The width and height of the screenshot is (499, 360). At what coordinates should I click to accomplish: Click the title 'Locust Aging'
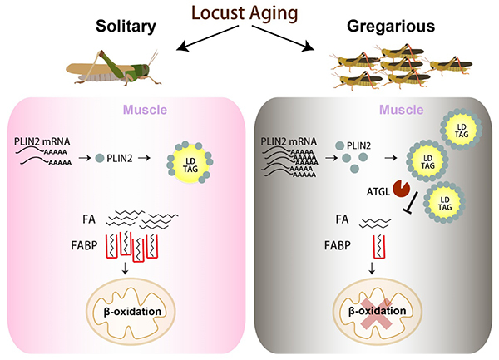pos(249,14)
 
